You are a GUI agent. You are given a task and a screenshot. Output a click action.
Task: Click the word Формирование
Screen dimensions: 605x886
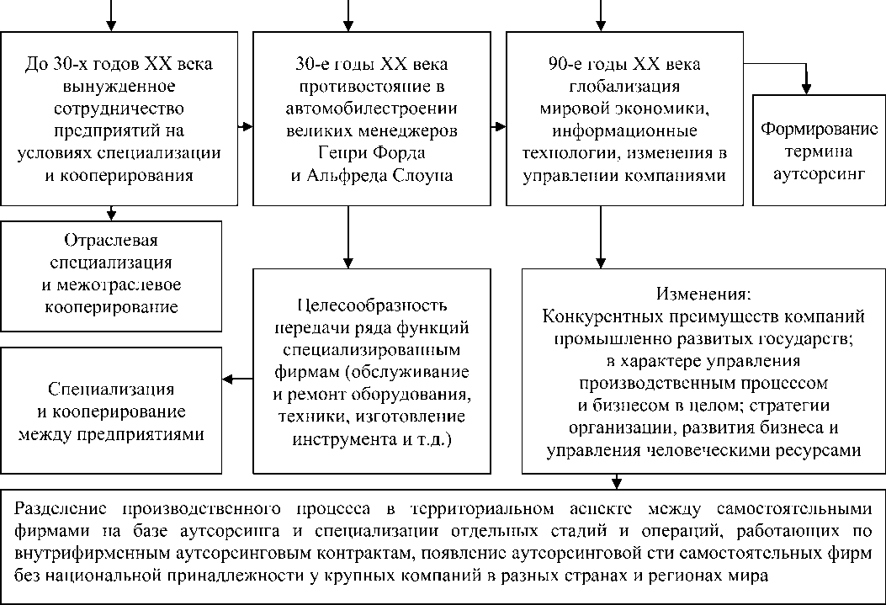click(819, 130)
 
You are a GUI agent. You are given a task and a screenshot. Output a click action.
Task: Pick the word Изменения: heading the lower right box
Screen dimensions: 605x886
click(702, 295)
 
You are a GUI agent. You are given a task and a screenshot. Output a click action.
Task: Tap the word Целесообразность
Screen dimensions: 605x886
click(372, 305)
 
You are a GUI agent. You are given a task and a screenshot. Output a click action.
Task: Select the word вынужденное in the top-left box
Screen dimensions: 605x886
click(119, 87)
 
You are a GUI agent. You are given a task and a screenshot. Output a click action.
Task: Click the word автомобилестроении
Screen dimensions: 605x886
click(371, 109)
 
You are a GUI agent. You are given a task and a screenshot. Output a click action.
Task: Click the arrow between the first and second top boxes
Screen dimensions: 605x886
click(244, 127)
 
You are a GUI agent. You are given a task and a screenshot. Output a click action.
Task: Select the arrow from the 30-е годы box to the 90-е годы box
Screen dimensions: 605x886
click(497, 127)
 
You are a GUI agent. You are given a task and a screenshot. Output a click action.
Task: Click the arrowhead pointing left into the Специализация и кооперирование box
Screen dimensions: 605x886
click(228, 379)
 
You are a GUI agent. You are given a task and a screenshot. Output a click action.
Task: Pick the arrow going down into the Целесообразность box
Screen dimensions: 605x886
click(348, 240)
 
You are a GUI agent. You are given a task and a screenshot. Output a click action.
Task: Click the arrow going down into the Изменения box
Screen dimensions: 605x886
click(600, 240)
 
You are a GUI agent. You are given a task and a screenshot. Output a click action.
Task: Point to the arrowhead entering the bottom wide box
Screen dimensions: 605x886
click(617, 484)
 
